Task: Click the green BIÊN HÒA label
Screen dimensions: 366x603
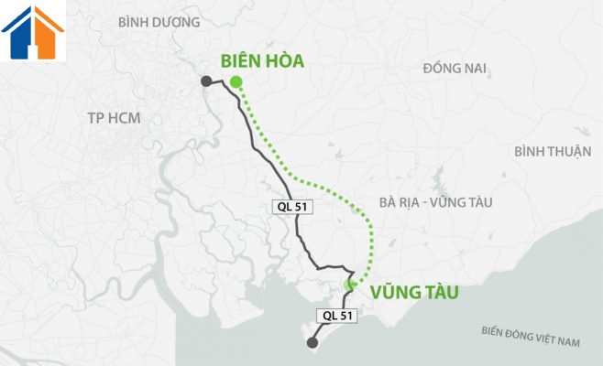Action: pos(262,61)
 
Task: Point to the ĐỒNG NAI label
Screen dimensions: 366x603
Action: pos(455,68)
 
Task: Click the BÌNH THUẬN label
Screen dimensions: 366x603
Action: pos(553,152)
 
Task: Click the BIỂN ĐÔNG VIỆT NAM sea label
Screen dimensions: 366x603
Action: pos(531,336)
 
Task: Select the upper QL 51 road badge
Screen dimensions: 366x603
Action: pos(292,207)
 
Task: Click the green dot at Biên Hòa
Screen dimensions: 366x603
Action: pos(236,81)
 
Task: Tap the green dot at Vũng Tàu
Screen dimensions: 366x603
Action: pos(349,285)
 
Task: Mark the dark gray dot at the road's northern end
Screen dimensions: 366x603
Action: pos(206,81)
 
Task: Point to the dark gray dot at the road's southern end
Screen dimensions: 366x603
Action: pos(312,343)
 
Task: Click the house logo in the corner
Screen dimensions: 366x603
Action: pos(33,32)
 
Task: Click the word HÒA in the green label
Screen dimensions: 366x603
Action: pos(282,61)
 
